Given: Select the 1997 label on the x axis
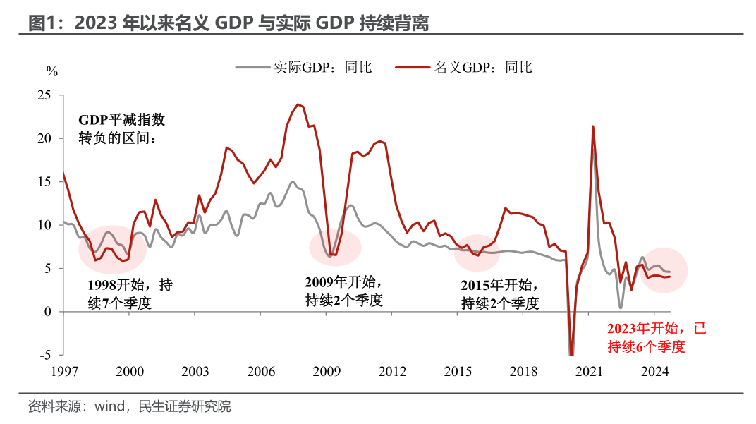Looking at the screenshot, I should (x=63, y=371).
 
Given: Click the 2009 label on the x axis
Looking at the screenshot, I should (x=327, y=371).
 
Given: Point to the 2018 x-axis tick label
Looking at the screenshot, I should (x=523, y=371).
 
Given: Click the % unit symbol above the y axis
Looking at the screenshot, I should (x=51, y=71).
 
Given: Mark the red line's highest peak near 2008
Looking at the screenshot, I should (x=298, y=104).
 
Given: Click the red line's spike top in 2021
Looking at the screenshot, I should (x=592, y=126).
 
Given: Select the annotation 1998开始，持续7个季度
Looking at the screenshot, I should (x=130, y=294).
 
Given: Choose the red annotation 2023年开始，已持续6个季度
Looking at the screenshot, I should (x=656, y=337).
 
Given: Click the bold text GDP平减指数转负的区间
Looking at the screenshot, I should (x=121, y=128).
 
